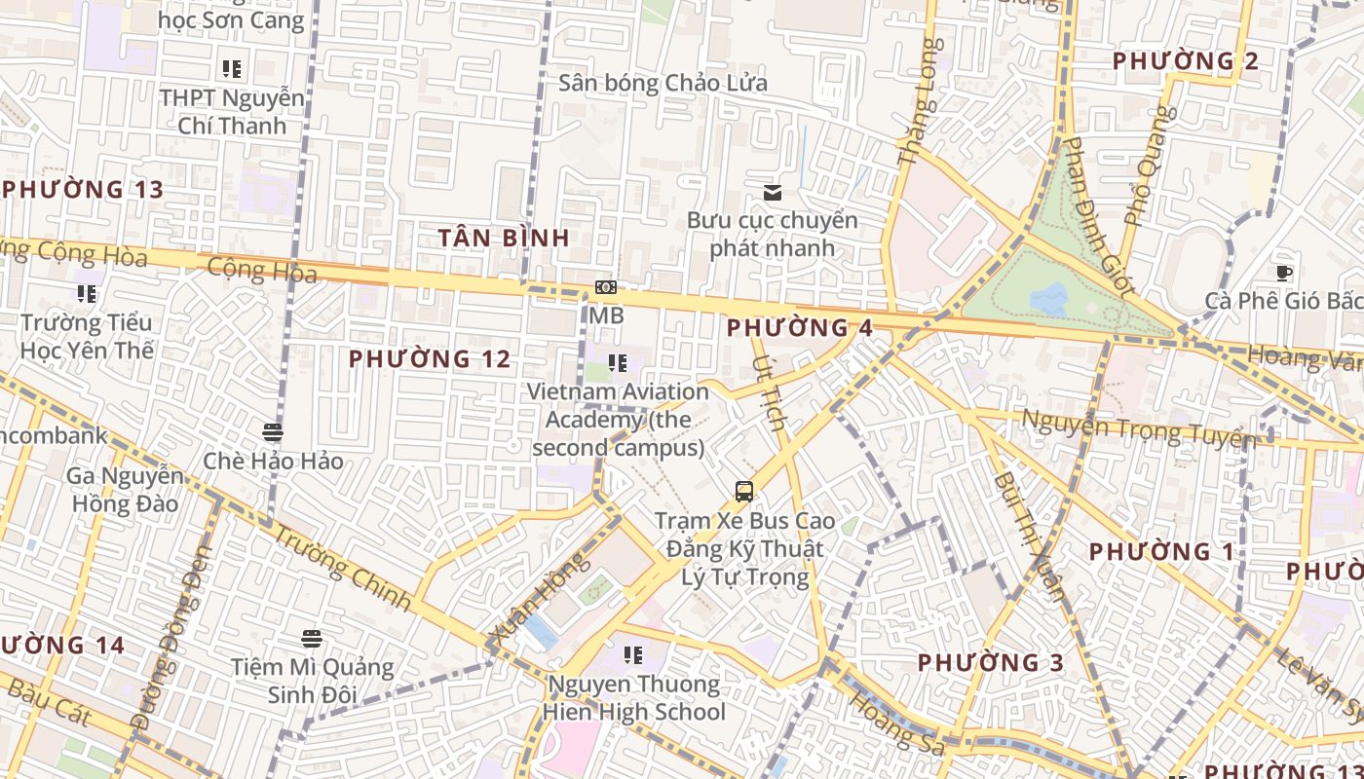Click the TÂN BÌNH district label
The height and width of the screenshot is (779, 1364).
pos(504,238)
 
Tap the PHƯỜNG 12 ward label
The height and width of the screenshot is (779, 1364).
pos(430,359)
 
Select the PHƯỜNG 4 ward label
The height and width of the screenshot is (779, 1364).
pos(800,327)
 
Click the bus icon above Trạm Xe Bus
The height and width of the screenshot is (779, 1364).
pos(744,492)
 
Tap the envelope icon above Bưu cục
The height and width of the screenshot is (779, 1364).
pos(773,192)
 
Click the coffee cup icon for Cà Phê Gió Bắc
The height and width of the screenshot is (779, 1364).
pos(1284,274)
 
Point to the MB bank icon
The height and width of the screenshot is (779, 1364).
pos(606,287)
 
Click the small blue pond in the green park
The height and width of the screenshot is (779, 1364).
pos(1049,299)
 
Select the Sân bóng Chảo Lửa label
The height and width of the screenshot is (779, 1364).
pos(663,83)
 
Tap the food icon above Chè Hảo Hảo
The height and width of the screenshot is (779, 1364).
pos(273,431)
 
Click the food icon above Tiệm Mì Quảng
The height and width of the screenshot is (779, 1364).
pos(312,639)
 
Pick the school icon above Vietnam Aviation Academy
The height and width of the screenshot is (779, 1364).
pos(618,363)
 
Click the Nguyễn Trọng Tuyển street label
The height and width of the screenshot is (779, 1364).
pos(1137,429)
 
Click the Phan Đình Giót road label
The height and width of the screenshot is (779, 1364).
pos(1098,216)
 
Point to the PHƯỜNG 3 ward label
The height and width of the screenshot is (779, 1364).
pos(990,663)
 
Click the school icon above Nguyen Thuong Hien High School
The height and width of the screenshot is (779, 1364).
pos(633,655)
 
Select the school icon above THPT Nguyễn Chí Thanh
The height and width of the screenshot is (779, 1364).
pos(232,69)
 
